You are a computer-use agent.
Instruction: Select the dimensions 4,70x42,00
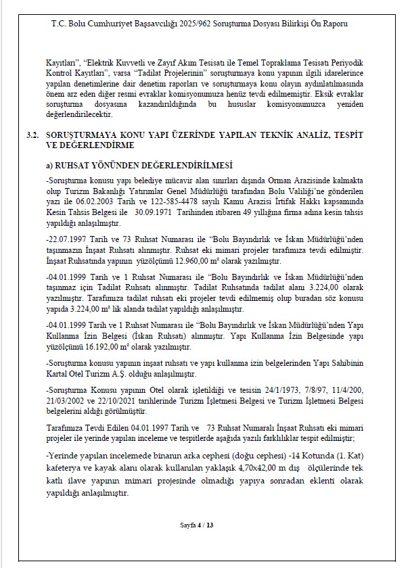click(252, 467)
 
